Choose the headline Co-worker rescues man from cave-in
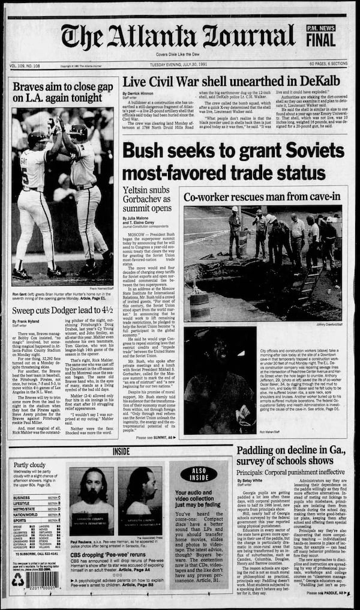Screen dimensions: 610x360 [x=261, y=197]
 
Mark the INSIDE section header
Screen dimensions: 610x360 [x=121, y=451]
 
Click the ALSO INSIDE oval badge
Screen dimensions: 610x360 [x=199, y=472]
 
